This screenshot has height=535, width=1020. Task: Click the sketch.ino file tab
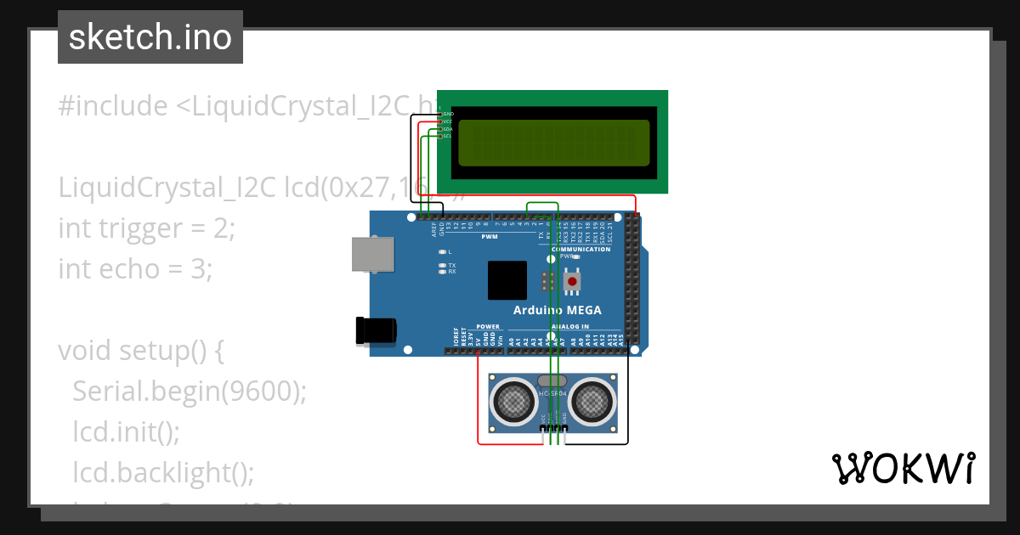click(150, 37)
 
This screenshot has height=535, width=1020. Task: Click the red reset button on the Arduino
click(572, 281)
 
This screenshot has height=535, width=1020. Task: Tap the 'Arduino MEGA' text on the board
click(557, 311)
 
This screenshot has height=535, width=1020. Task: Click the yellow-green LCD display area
click(553, 143)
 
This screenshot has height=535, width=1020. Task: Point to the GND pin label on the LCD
click(448, 113)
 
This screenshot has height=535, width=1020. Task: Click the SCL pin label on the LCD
click(447, 136)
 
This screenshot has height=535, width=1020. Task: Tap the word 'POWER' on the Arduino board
click(488, 326)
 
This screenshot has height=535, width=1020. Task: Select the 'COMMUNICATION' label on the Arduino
click(581, 249)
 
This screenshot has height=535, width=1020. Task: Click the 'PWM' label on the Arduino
click(490, 237)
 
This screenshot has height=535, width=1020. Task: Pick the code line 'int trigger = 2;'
click(145, 228)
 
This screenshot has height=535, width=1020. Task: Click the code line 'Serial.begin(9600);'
click(189, 391)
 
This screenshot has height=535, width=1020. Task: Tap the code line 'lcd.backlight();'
click(163, 472)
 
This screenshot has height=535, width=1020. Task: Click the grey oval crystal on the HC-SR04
click(552, 380)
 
